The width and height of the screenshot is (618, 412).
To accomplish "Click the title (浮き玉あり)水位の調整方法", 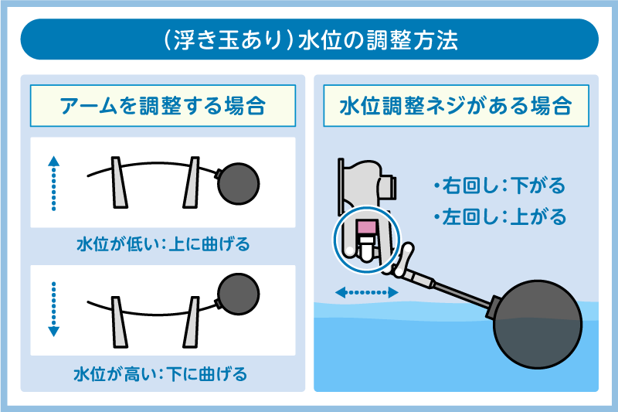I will (x=309, y=39).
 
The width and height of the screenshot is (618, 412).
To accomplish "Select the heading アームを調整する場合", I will (x=162, y=106).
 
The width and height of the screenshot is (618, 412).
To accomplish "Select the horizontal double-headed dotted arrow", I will (x=367, y=293).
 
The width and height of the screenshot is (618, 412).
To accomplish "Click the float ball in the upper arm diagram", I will (x=239, y=183).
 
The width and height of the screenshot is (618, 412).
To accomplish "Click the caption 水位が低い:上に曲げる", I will (x=162, y=245).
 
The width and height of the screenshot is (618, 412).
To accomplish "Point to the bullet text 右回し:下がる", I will (x=499, y=186).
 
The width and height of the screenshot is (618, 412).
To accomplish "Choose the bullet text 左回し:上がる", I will (x=499, y=216).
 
